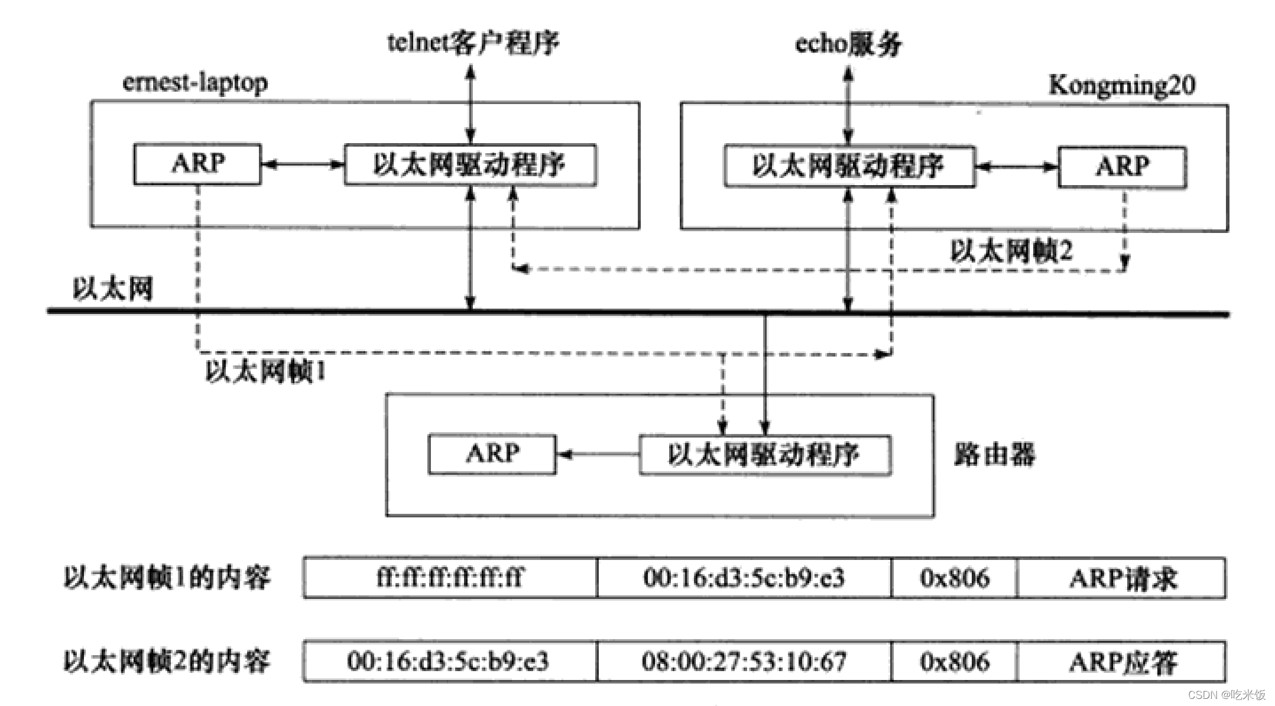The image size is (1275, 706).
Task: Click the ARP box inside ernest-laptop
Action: (x=197, y=164)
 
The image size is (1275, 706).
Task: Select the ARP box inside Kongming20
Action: (x=1121, y=167)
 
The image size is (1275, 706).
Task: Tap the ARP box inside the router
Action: (x=492, y=454)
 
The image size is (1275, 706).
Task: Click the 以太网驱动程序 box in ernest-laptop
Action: (x=470, y=164)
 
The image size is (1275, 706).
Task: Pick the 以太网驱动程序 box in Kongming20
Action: (x=849, y=167)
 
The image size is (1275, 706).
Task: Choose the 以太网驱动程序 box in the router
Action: (x=764, y=455)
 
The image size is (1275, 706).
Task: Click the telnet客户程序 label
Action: (x=472, y=43)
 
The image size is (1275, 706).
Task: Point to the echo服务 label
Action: (x=848, y=44)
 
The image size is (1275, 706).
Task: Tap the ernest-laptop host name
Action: (x=194, y=83)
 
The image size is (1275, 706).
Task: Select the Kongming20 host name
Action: (x=1121, y=86)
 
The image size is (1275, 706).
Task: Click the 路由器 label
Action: (x=994, y=455)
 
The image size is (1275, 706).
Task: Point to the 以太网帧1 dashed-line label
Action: (x=265, y=372)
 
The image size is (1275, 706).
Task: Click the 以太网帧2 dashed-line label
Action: (x=1011, y=251)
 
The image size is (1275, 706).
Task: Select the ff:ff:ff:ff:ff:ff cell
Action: (x=450, y=578)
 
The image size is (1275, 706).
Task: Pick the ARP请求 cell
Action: (x=1121, y=578)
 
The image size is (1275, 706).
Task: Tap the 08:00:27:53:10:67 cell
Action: (x=744, y=661)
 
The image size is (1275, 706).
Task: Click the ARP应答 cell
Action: (x=1121, y=661)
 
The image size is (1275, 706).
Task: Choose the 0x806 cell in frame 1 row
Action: (x=954, y=578)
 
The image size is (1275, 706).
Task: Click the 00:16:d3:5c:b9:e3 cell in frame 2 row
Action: (x=450, y=661)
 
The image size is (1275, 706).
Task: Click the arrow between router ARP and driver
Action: (x=598, y=454)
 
